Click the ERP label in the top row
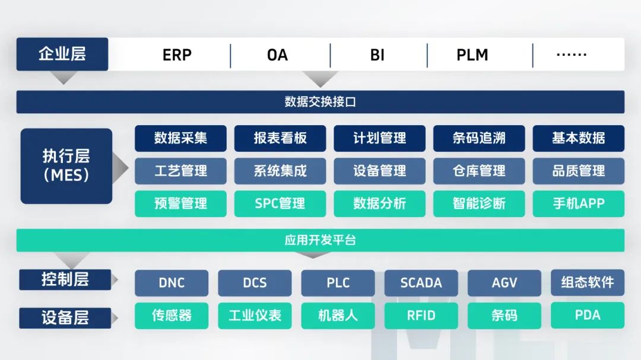tap(177, 55)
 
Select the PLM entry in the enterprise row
tap(472, 55)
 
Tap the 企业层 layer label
tap(62, 54)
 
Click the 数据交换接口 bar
tap(320, 102)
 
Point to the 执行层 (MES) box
tap(66, 166)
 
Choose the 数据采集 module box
tap(180, 138)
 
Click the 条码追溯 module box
tap(479, 138)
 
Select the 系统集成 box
tap(280, 171)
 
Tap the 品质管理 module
tap(579, 171)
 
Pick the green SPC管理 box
tap(280, 203)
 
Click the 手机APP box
tap(579, 203)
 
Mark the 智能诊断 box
tap(479, 203)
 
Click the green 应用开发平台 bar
tap(320, 240)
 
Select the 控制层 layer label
tap(65, 279)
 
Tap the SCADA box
tap(421, 283)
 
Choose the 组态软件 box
tap(588, 282)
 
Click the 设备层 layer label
tap(65, 318)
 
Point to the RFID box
tap(421, 316)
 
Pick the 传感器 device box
tap(172, 316)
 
